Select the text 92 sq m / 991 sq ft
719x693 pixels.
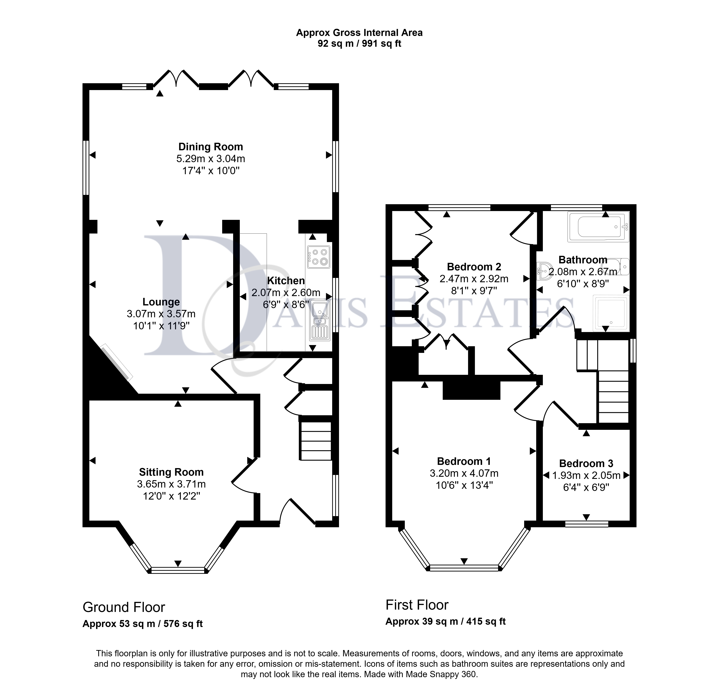pos(359,44)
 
